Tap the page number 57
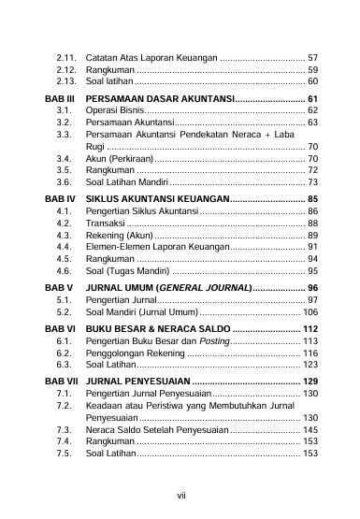312,58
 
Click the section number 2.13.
65,82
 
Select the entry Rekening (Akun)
118,236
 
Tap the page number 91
312,247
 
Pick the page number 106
310,311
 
